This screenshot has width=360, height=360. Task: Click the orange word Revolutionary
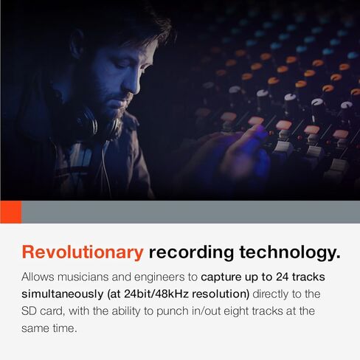(83, 253)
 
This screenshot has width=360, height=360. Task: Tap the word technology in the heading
(290, 253)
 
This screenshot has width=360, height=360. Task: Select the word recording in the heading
(191, 253)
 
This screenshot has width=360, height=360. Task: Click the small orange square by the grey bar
(11, 212)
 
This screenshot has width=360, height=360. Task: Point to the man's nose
(134, 83)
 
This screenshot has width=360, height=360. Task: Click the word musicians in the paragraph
(83, 277)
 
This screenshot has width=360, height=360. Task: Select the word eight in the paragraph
(236, 311)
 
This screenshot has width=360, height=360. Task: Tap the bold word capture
(221, 277)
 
